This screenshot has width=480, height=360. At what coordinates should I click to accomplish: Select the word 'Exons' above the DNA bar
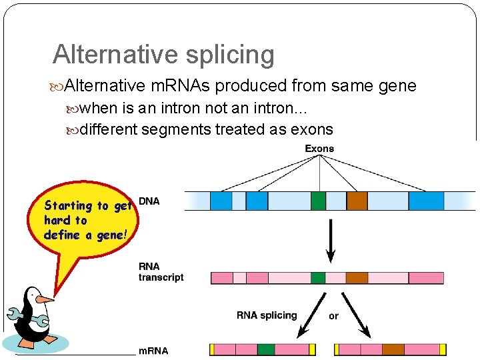tap(319, 149)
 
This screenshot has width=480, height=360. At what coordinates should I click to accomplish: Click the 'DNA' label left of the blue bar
tap(149, 201)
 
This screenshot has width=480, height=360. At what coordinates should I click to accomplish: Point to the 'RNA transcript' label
tap(161, 272)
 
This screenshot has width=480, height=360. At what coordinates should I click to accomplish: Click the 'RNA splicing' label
tap(267, 315)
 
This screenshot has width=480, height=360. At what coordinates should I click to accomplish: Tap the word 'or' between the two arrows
tap(333, 316)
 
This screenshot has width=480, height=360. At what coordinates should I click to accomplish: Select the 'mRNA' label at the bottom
tap(153, 351)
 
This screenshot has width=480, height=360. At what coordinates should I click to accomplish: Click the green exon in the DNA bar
tap(319, 201)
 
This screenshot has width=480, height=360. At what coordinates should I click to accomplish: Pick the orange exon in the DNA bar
tap(357, 201)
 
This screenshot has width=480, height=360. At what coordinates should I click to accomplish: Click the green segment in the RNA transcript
tap(319, 277)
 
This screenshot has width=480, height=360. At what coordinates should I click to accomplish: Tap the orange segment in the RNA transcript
tap(357, 277)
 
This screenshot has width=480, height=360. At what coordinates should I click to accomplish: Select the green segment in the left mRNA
tap(266, 349)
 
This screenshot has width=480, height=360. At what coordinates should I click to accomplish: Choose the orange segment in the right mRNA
tap(393, 349)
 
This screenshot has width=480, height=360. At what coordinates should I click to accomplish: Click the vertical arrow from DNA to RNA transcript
tap(331, 244)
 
